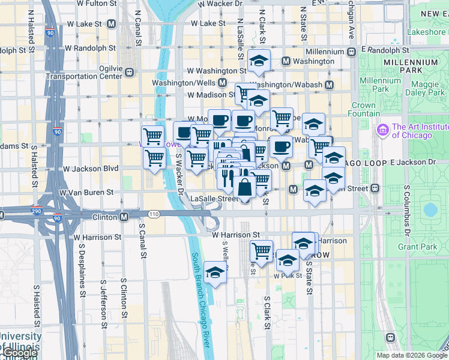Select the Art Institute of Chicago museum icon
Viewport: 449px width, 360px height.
[382, 130]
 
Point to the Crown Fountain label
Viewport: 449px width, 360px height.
[364, 109]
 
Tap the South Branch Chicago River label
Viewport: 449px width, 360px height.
[200, 299]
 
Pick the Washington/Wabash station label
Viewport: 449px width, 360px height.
[291, 85]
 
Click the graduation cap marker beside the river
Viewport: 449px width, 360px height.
[215, 273]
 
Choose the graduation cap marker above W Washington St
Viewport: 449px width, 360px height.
[259, 61]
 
